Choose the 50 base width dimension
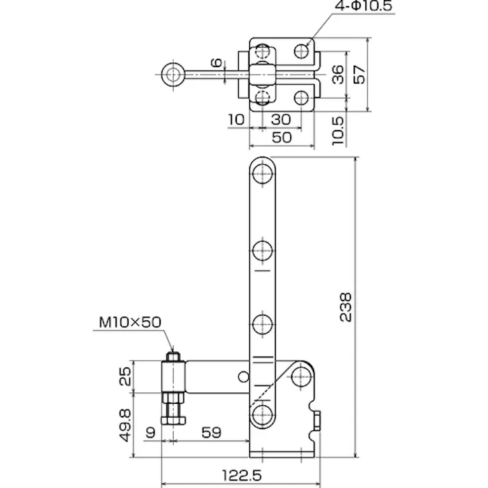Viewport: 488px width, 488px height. coord(281,137)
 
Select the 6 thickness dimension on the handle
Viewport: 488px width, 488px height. coord(216,64)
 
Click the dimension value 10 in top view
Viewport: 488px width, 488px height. coord(236,118)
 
